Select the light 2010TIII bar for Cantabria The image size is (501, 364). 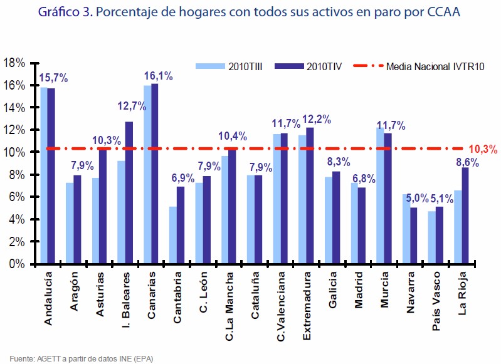(173, 235)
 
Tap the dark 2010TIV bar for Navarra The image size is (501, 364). (413, 236)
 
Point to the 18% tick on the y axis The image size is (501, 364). (14, 63)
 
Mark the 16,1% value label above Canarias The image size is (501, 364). (158, 76)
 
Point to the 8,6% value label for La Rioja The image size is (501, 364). (467, 162)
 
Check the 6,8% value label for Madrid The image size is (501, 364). (364, 179)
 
